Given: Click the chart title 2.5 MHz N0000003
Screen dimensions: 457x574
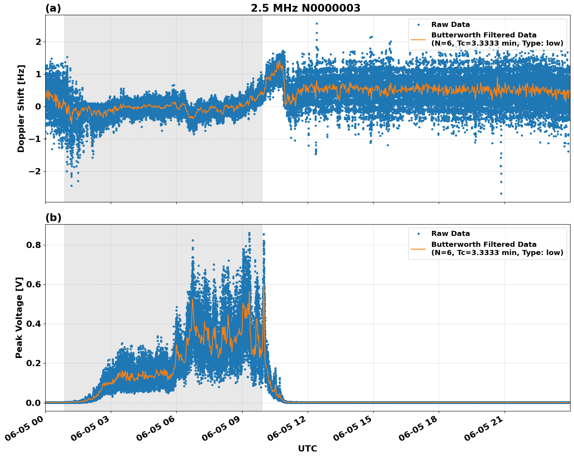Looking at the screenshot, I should pyautogui.click(x=305, y=8).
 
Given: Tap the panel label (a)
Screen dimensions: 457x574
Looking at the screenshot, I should pyautogui.click(x=53, y=8).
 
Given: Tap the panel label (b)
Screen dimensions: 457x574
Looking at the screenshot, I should pyautogui.click(x=53, y=218).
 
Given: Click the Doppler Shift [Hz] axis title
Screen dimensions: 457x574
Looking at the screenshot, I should pyautogui.click(x=21, y=108).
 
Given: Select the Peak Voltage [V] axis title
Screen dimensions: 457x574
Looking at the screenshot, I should pyautogui.click(x=19, y=317).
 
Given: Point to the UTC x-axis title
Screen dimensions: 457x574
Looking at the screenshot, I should pyautogui.click(x=307, y=448).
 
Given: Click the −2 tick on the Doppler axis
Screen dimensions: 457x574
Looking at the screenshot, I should pyautogui.click(x=34, y=171).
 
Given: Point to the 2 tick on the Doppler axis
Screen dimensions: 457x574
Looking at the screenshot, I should pyautogui.click(x=38, y=42).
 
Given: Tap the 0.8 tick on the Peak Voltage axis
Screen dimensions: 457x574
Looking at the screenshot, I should pyautogui.click(x=34, y=245).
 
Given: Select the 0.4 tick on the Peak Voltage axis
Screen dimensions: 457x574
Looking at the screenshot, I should pyautogui.click(x=34, y=324).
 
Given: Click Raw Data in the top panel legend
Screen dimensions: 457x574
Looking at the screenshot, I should pyautogui.click(x=450, y=25).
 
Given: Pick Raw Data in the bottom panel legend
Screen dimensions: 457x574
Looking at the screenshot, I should pyautogui.click(x=450, y=234).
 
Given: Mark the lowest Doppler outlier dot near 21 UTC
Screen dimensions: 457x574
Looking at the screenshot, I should pyautogui.click(x=501, y=193).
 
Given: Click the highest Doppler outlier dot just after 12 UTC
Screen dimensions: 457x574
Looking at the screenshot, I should pyautogui.click(x=317, y=23).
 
